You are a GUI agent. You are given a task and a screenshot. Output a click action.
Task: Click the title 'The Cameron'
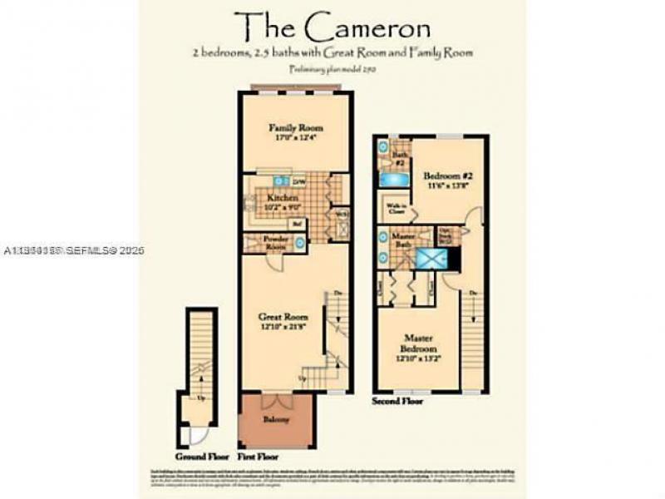(332, 28)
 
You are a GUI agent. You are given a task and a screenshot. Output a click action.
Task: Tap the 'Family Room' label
(295, 128)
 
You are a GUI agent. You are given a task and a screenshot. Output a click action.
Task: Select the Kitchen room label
(282, 198)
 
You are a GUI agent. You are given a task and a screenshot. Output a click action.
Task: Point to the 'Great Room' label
(283, 317)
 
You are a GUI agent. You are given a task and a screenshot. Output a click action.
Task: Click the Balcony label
(276, 420)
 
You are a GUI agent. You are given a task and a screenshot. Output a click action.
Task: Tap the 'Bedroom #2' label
(448, 176)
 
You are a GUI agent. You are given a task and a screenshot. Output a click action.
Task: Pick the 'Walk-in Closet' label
(392, 208)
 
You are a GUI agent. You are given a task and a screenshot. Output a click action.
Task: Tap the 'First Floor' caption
(258, 457)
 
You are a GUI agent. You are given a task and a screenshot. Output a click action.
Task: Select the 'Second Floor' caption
(397, 401)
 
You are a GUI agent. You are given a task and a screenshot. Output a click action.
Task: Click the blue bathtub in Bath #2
(393, 179)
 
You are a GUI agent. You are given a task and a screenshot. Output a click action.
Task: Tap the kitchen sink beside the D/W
(280, 180)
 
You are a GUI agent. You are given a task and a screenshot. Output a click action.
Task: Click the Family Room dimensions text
(295, 138)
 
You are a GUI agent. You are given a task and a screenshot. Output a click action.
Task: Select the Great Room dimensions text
(283, 326)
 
